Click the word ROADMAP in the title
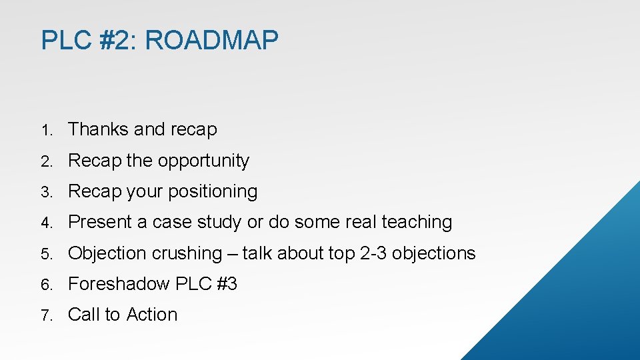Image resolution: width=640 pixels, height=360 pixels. click(x=211, y=41)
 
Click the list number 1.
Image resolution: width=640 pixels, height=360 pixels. click(x=45, y=130)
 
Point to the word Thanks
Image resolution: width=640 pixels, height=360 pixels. click(x=99, y=129)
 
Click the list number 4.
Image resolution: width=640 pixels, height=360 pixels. click(x=45, y=223)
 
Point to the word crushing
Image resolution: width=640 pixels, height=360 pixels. click(x=187, y=254)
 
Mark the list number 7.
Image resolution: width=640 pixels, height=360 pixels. click(x=45, y=315)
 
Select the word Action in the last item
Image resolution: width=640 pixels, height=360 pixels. click(x=152, y=315)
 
